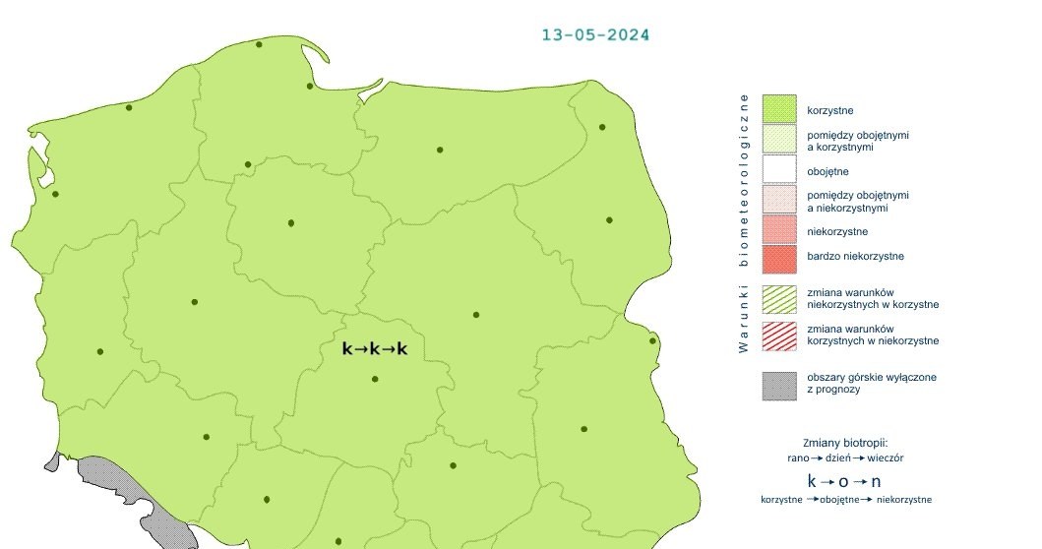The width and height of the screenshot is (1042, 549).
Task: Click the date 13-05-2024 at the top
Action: pyautogui.click(x=595, y=34)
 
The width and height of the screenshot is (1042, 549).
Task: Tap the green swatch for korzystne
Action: pyautogui.click(x=778, y=109)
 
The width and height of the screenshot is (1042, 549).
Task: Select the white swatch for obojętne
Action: pyautogui.click(x=778, y=171)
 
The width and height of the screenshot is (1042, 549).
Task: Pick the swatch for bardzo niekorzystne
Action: pyautogui.click(x=778, y=259)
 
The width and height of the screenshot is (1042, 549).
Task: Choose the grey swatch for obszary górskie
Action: pyautogui.click(x=778, y=384)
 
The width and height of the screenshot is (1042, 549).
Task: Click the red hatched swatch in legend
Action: pyautogui.click(x=778, y=334)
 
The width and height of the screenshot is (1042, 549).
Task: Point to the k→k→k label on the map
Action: pyautogui.click(x=374, y=348)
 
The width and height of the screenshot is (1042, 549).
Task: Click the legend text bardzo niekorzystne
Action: pyautogui.click(x=855, y=257)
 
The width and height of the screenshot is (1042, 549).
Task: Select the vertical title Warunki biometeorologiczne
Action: pyautogui.click(x=744, y=222)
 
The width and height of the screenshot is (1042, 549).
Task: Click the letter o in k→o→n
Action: pyautogui.click(x=844, y=482)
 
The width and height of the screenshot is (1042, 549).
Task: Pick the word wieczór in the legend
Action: pyautogui.click(x=886, y=458)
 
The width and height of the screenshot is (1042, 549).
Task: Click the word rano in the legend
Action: pyautogui.click(x=799, y=458)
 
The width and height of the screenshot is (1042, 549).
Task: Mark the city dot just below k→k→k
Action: pyautogui.click(x=375, y=379)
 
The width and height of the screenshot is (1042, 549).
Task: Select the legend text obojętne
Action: pyautogui.click(x=828, y=171)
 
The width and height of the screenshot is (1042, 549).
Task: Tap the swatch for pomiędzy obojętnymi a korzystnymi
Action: pyautogui.click(x=778, y=140)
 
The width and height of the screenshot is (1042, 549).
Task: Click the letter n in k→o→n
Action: pyautogui.click(x=876, y=482)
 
